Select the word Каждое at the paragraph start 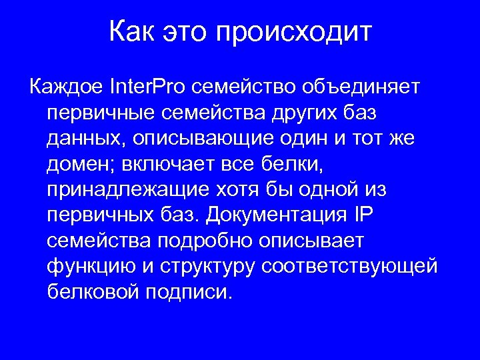(x=64, y=87)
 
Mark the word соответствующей (x=349, y=267)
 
